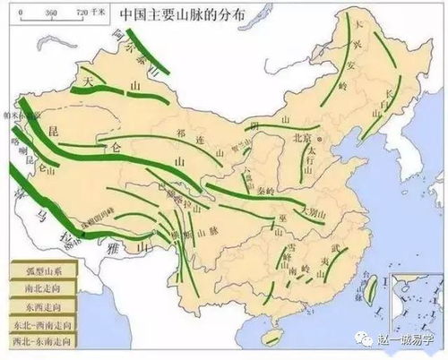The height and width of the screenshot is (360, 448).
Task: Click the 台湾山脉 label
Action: point(379,288)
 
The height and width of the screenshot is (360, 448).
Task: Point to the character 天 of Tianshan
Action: point(88,81)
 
